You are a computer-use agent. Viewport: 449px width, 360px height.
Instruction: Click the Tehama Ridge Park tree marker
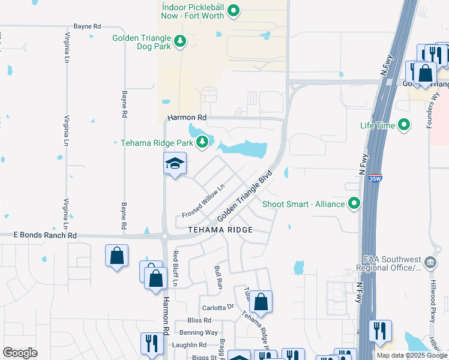pyautogui.click(x=203, y=142)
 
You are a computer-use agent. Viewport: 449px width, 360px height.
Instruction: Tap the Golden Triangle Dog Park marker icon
pyautogui.click(x=179, y=41)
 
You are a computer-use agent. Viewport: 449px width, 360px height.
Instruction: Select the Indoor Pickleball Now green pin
pyautogui.click(x=234, y=10)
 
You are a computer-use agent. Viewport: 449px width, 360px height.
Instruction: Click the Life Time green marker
pyautogui.click(x=404, y=125)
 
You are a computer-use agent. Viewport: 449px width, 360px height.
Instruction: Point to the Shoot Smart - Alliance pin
pyautogui.click(x=354, y=203)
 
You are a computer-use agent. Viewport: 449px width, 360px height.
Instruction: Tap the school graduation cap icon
pyautogui.click(x=175, y=163)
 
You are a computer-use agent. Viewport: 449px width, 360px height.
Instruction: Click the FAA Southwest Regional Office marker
pyautogui.click(x=430, y=262)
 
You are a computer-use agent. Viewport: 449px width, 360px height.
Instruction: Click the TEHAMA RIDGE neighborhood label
pyautogui.click(x=220, y=230)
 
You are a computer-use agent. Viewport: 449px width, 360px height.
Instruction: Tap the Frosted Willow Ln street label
pyautogui.click(x=203, y=201)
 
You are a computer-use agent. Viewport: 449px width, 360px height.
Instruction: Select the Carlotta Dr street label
pyautogui.click(x=217, y=307)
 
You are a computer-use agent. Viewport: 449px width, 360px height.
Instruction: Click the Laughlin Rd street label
pyautogui.click(x=190, y=345)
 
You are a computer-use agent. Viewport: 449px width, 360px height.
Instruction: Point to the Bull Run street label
pyautogui.click(x=218, y=275)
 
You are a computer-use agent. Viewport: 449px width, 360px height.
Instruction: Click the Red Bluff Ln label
pyautogui.click(x=176, y=268)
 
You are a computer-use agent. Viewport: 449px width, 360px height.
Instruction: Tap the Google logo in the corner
pyautogui.click(x=20, y=353)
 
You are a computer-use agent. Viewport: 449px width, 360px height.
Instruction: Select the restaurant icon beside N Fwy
pyautogui.click(x=379, y=331)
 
